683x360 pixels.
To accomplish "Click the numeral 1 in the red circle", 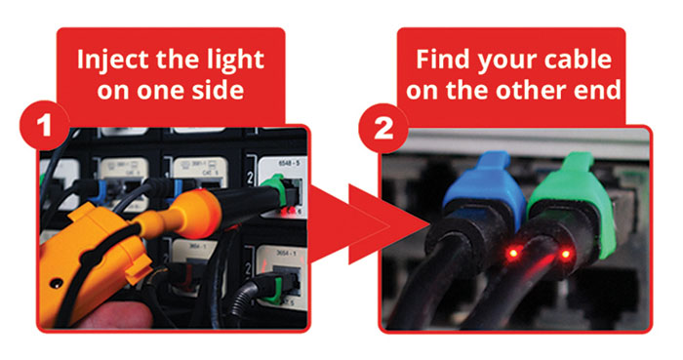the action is pyautogui.click(x=44, y=127).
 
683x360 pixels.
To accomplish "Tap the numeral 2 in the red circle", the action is pyautogui.click(x=383, y=129).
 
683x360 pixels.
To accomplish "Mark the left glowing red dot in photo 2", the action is pyautogui.click(x=513, y=253).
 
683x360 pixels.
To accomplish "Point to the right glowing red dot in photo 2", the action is pyautogui.click(x=566, y=254).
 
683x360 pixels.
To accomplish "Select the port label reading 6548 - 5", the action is pyautogui.click(x=289, y=164).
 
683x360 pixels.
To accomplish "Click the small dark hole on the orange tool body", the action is pyautogui.click(x=56, y=284).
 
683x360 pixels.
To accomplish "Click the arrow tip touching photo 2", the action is pyautogui.click(x=430, y=224).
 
